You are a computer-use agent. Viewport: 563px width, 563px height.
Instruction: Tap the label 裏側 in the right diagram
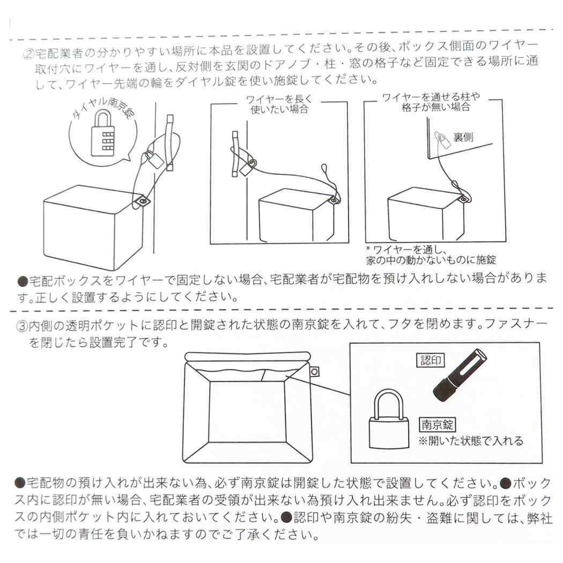point(463,137)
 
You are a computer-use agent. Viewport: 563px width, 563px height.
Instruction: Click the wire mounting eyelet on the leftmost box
point(142,201)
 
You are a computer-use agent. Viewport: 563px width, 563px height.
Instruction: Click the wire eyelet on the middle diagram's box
point(333,200)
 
